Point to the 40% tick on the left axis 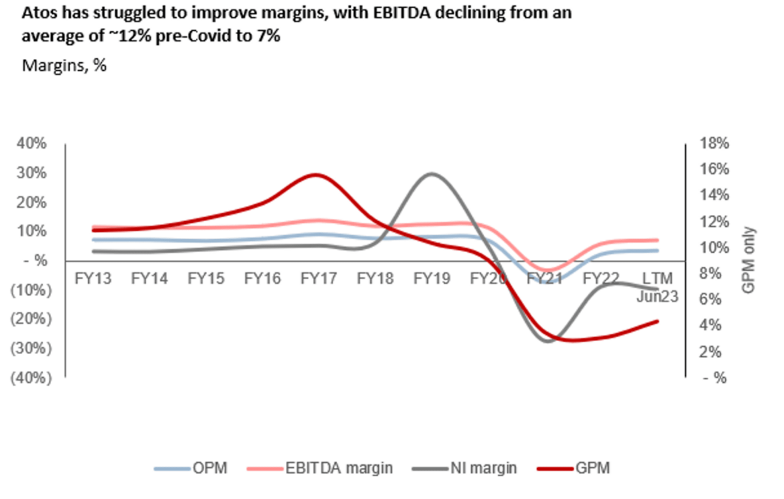coord(31,143)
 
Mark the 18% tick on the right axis coord(715,143)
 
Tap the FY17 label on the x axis coord(317,279)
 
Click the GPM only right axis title coord(749,260)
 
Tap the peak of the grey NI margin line coord(432,173)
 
